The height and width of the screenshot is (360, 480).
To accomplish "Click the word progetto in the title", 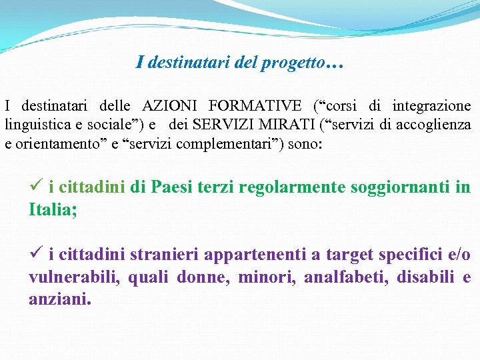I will point(297,63).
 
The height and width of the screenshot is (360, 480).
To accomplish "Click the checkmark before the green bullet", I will point(36,187).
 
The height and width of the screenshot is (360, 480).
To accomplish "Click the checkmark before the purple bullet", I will point(36,254).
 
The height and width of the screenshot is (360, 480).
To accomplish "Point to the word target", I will point(350,255).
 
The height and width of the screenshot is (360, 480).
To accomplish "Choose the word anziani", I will point(58,299).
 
